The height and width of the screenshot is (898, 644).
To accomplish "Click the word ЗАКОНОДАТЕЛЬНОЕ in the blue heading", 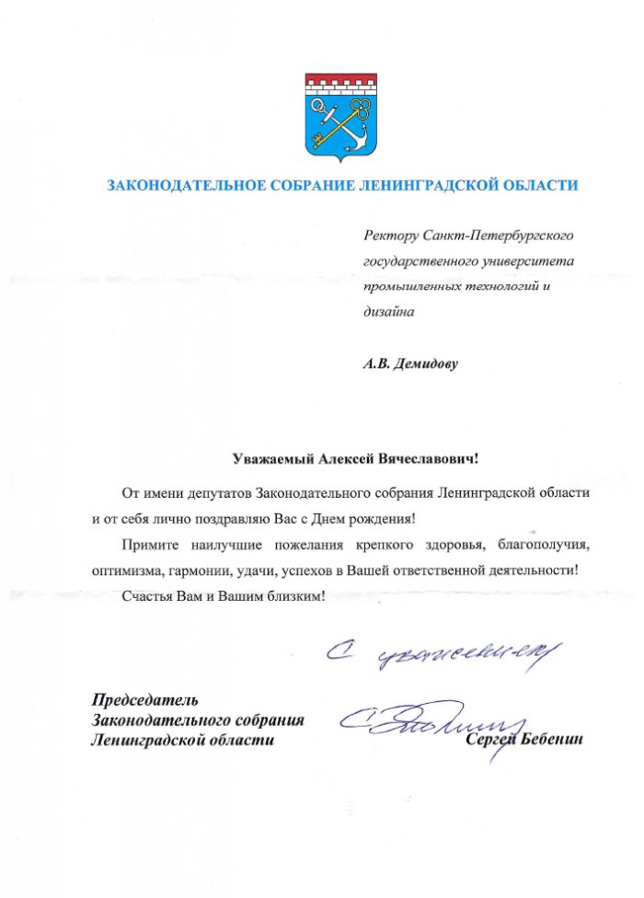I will [x=186, y=185].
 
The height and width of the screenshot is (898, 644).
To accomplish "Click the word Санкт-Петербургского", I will [x=498, y=236].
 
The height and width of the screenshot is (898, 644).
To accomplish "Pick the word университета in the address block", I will [x=525, y=261].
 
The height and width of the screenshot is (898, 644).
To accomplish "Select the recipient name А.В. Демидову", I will [x=409, y=363].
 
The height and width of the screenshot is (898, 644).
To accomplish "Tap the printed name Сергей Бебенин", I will [x=525, y=740].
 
